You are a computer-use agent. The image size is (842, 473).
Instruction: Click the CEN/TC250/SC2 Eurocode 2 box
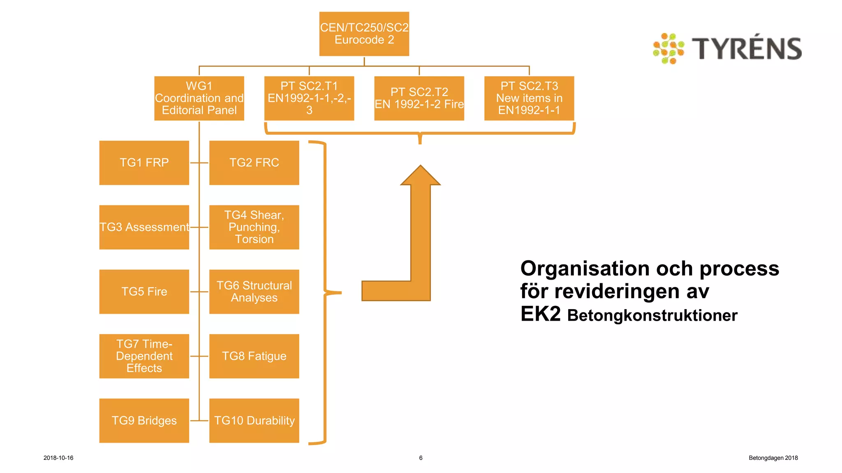pos(364,34)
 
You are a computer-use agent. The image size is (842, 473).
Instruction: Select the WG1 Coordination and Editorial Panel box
pos(199,98)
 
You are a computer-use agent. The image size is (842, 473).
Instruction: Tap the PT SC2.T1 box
pos(309,98)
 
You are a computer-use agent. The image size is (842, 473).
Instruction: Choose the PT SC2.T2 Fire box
pos(419,98)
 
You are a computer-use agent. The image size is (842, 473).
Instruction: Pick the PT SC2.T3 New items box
pos(529,98)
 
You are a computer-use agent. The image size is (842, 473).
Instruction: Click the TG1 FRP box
pos(144,163)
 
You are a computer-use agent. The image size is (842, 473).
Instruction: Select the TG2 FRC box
pos(254,163)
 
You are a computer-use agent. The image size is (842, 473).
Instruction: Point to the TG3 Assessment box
pos(144,227)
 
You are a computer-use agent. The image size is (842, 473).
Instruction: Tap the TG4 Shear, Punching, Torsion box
pos(254,227)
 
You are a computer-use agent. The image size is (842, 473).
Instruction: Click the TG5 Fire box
pos(144,292)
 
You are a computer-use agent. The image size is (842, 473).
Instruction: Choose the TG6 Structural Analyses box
pos(254,292)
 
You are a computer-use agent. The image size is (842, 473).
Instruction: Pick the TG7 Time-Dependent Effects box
pos(144,356)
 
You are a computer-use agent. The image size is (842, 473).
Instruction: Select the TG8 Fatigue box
pos(254,356)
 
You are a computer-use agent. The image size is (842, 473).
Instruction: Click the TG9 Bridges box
pos(144,420)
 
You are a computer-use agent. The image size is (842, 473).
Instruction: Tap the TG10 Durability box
pos(254,420)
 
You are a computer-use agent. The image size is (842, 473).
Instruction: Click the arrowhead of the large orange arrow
pos(421,176)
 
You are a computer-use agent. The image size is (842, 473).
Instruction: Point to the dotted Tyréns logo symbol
pos(669,48)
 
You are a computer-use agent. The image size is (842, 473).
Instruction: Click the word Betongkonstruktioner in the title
pos(652,316)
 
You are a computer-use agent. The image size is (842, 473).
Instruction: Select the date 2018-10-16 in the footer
pos(58,458)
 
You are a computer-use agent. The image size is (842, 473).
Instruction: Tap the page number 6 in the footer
pos(421,458)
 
